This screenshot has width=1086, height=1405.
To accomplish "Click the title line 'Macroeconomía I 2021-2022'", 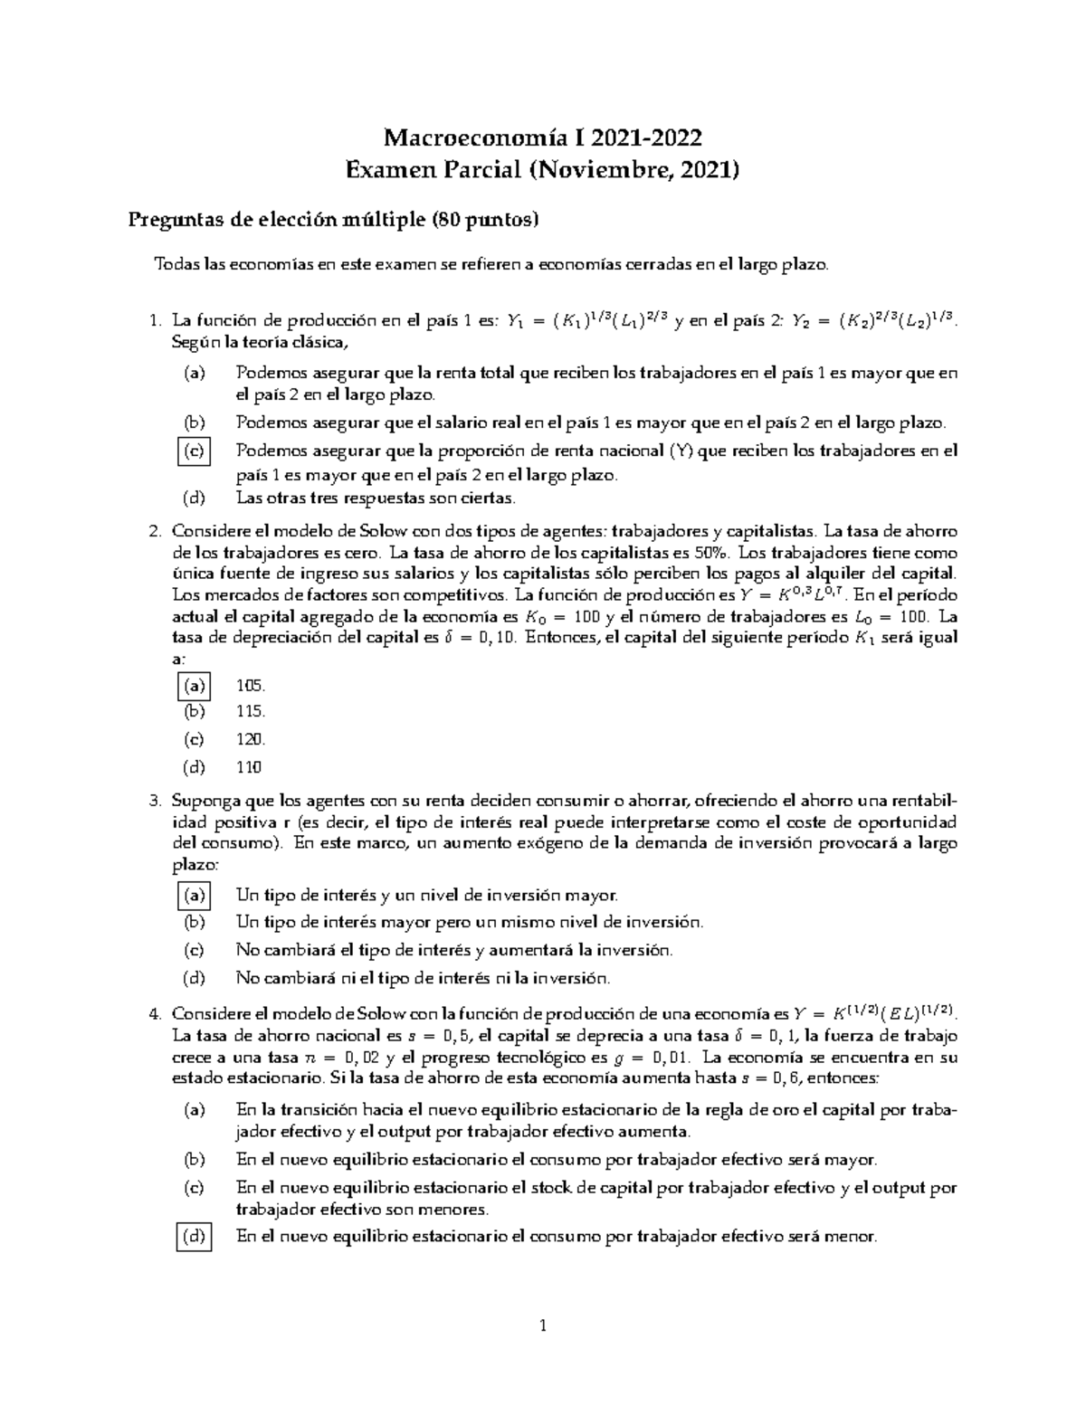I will pyautogui.click(x=543, y=138).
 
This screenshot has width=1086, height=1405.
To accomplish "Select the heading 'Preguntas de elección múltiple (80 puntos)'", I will pyautogui.click(x=333, y=219).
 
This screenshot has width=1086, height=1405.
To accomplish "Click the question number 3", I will pyautogui.click(x=155, y=801).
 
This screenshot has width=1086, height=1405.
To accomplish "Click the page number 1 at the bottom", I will pyautogui.click(x=543, y=1327).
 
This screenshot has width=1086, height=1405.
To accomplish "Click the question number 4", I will pyautogui.click(x=155, y=1013).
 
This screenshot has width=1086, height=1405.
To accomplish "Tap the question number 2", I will pyautogui.click(x=155, y=531).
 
